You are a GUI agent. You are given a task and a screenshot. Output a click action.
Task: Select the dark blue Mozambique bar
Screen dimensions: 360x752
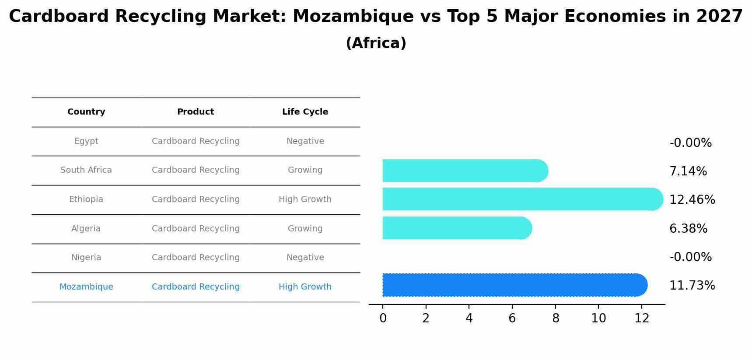pos(512,285)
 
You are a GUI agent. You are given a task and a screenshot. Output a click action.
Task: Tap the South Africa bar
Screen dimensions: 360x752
pos(464,171)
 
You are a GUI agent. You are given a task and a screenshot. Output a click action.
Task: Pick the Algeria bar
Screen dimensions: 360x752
pos(455,228)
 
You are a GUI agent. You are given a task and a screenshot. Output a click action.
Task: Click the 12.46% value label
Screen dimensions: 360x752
pos(692,200)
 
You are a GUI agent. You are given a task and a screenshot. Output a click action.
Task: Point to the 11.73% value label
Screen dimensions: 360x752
pos(692,286)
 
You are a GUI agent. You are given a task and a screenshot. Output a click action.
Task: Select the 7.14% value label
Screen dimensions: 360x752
pos(688,171)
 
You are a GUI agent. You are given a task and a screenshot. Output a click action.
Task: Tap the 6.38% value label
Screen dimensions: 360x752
pos(688,229)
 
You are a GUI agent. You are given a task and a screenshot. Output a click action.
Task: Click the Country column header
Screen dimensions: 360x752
pos(86,112)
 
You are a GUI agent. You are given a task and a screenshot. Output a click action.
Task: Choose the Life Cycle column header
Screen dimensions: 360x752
pos(305,112)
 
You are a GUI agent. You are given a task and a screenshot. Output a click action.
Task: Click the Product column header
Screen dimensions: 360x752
pos(196,112)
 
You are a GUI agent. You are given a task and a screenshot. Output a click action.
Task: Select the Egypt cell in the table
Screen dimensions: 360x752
pos(86,141)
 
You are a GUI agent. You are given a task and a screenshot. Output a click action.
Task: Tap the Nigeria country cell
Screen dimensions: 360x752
pos(86,258)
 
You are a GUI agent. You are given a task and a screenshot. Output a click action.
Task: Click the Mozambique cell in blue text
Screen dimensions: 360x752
pos(86,287)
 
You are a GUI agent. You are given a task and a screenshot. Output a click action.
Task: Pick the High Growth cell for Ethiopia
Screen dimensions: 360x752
pos(305,199)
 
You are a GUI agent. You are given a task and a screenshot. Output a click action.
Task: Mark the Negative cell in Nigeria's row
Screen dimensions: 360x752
pos(305,258)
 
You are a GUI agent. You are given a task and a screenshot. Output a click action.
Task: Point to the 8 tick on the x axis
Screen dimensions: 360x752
pos(556,318)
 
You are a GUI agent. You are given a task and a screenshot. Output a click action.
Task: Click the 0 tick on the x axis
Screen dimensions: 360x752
pos(383,318)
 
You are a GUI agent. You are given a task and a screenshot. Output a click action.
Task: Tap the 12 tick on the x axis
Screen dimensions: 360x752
pos(642,318)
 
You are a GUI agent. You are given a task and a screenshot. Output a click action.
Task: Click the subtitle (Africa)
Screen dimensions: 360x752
pos(376,43)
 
